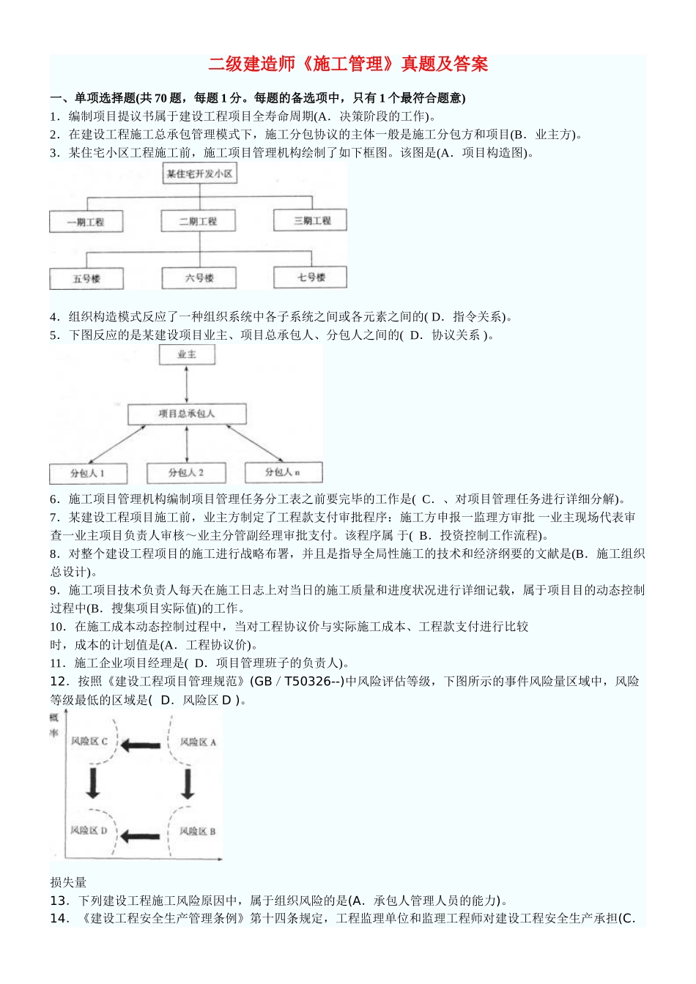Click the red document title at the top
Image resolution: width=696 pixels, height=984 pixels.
(348, 64)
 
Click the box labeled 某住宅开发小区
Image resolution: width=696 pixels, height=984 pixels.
(199, 174)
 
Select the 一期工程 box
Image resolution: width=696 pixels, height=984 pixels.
(86, 222)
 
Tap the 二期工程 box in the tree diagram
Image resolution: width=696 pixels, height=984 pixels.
(198, 221)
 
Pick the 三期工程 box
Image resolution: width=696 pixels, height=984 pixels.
(310, 220)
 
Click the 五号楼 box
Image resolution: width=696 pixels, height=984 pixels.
(86, 278)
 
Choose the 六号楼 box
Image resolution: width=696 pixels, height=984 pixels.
(199, 277)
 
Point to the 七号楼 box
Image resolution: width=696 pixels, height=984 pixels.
(311, 277)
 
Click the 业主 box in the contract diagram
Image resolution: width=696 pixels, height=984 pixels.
(187, 355)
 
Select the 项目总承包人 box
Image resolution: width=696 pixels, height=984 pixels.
(187, 414)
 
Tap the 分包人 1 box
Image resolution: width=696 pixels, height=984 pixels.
(87, 473)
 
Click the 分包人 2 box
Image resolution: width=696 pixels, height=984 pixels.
(186, 472)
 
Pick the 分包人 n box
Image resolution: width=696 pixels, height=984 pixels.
(282, 472)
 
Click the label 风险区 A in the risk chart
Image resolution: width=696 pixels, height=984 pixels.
(198, 742)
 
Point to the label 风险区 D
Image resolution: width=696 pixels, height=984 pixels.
(89, 830)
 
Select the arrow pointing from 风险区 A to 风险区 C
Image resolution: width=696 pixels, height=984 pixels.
(141, 745)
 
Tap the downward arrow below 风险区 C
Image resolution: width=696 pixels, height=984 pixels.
(92, 782)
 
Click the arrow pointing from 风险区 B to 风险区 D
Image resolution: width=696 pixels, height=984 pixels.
(140, 835)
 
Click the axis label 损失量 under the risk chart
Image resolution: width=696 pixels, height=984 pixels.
(68, 882)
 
